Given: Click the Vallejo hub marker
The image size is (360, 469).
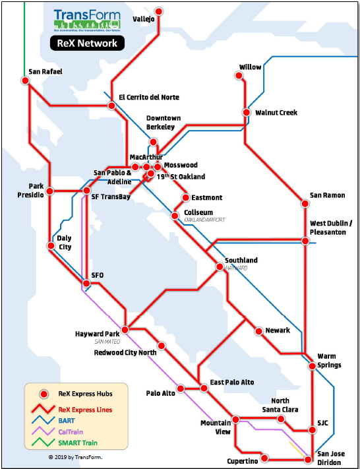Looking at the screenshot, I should pyautogui.click(x=159, y=11).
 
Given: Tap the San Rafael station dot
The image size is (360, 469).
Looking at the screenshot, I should pyautogui.click(x=25, y=80).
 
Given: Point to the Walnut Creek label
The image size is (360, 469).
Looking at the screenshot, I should pyautogui.click(x=276, y=113).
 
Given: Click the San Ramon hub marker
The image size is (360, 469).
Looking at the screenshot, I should pyautogui.click(x=305, y=204).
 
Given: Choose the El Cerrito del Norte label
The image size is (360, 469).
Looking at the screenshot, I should pyautogui.click(x=149, y=98).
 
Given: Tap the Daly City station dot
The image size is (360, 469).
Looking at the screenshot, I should pyautogui.click(x=51, y=245).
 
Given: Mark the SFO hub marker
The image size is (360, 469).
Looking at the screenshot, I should pyautogui.click(x=85, y=284).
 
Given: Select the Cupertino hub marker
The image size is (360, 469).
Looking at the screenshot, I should pyautogui.click(x=264, y=458).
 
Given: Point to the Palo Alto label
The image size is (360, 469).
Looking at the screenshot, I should pyautogui.click(x=160, y=394).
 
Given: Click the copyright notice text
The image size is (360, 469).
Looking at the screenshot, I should pyautogui.click(x=75, y=456).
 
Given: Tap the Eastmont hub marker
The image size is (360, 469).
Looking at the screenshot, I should pyautogui.click(x=186, y=197).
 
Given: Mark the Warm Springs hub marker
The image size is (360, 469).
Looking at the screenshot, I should pyautogui.click(x=313, y=365).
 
